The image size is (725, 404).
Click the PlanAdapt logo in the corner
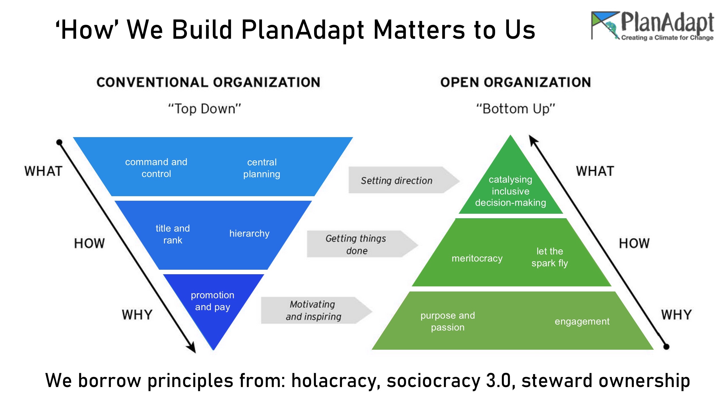tap(652, 26)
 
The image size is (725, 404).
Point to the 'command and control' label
tap(156, 168)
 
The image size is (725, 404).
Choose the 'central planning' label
tap(262, 168)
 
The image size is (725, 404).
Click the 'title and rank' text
tap(173, 234)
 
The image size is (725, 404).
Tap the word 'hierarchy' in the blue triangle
tap(250, 234)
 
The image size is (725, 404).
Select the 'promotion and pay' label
tap(212, 301)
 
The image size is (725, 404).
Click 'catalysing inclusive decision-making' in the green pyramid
tap(511, 191)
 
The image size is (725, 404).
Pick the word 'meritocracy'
tap(477, 258)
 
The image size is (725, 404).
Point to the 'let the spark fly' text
tap(550, 257)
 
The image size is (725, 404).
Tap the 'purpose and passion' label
tap(448, 321)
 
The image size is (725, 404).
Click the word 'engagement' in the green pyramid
tap(582, 322)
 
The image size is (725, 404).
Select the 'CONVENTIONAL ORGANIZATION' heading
tap(208, 82)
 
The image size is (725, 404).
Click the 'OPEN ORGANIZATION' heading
tap(516, 82)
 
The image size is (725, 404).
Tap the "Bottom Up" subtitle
tap(515, 109)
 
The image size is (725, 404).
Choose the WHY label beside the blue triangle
tap(137, 315)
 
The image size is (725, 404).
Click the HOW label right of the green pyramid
tap(634, 243)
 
